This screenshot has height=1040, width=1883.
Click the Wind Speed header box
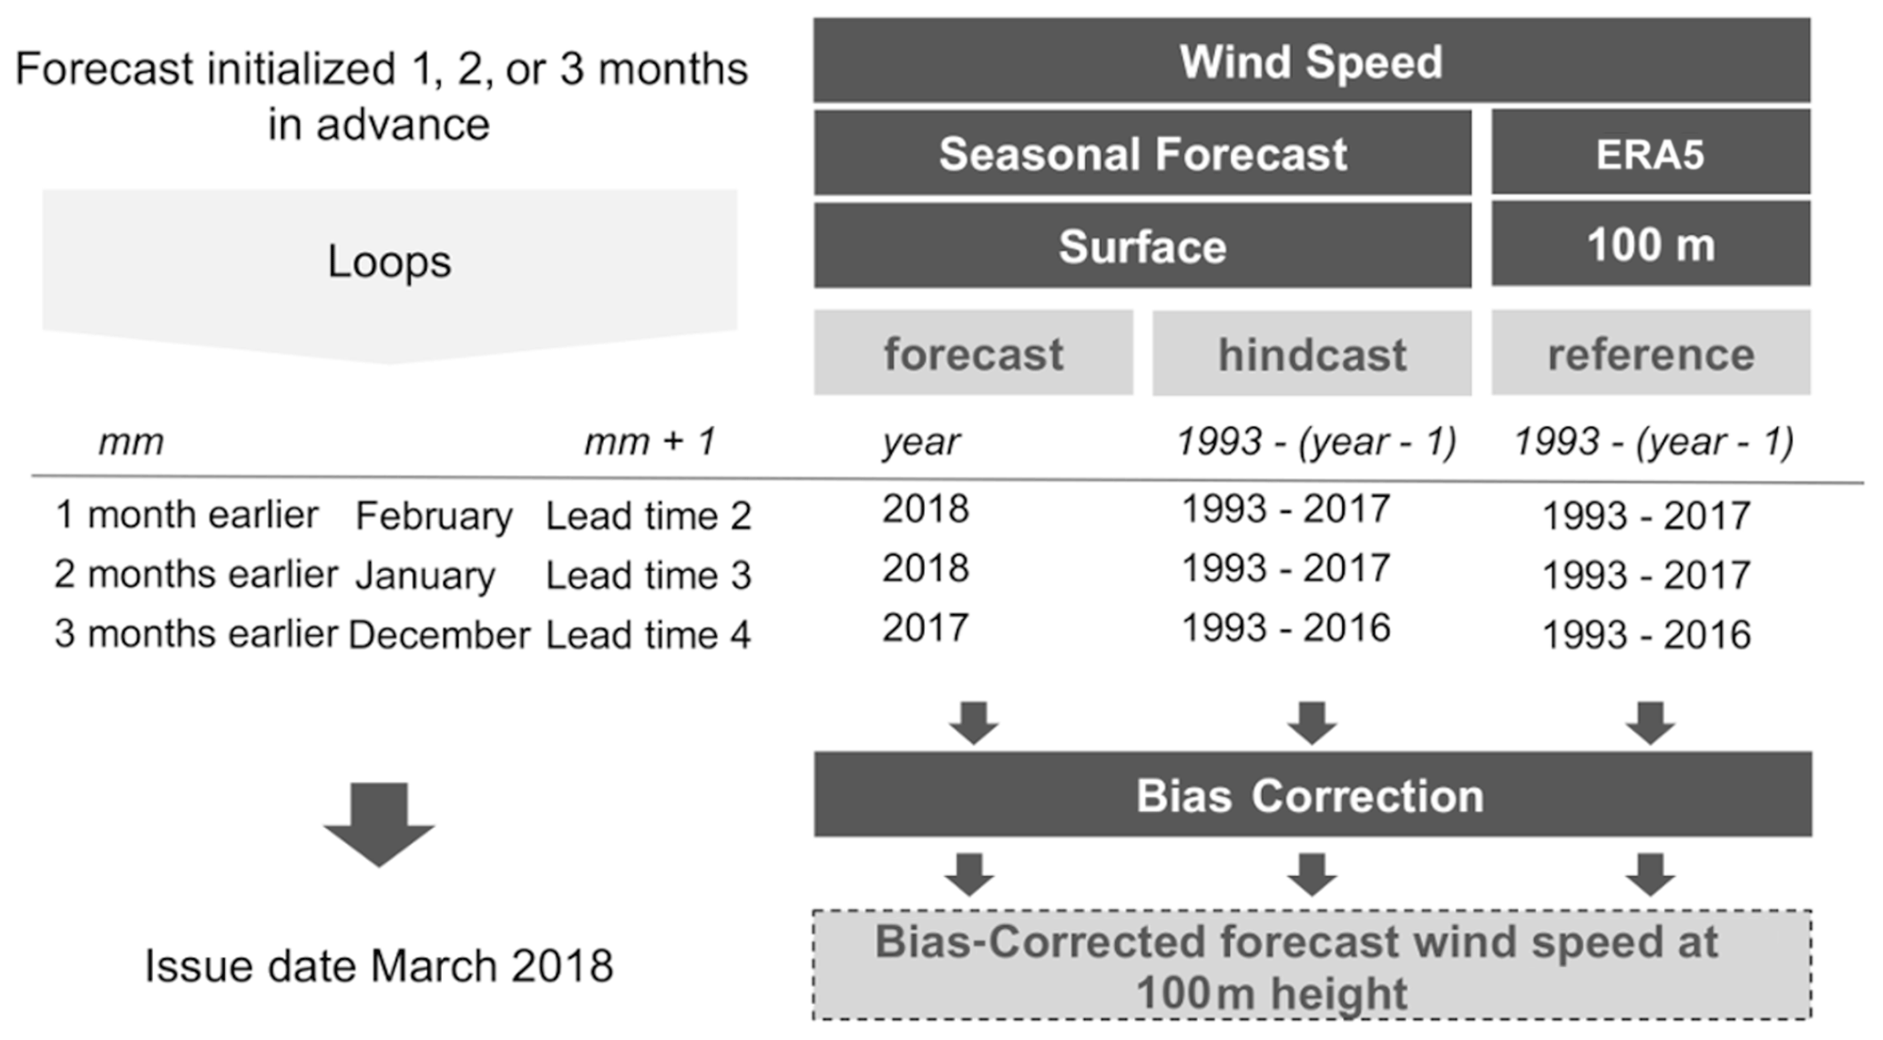click(1312, 60)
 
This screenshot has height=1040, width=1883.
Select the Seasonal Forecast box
click(1142, 153)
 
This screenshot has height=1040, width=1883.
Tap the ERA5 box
click(1651, 153)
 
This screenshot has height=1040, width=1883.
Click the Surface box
click(1142, 246)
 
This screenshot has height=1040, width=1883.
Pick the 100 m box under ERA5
click(1651, 244)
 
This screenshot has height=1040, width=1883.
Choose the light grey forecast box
click(973, 352)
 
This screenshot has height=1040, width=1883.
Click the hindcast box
click(1312, 353)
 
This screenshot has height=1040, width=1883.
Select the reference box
click(1651, 352)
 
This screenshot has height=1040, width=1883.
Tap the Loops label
click(389, 261)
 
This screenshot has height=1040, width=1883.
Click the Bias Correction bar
click(1313, 794)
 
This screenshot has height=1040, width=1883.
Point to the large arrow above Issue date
click(379, 824)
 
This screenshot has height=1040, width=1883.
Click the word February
click(434, 517)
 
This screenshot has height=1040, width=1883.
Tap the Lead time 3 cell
click(649, 576)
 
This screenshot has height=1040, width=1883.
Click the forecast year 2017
click(926, 628)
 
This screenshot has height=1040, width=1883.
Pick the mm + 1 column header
click(650, 442)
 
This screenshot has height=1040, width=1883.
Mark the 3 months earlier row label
click(196, 634)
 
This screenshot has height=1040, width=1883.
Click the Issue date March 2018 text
click(379, 966)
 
